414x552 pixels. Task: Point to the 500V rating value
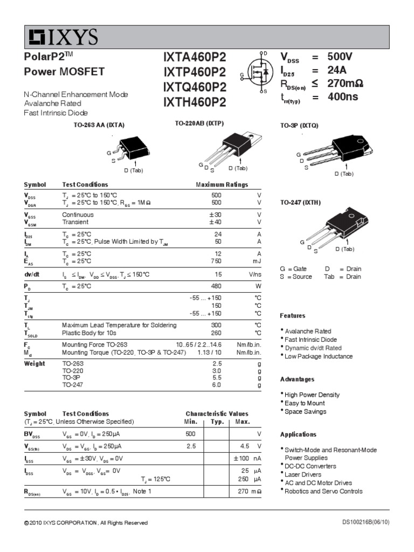(x=340, y=57)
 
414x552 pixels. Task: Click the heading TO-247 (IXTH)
(x=300, y=203)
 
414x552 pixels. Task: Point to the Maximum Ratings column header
(x=222, y=184)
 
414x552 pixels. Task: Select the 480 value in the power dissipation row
(x=216, y=286)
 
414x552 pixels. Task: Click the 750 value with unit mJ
(x=216, y=261)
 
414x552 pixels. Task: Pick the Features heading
(x=293, y=315)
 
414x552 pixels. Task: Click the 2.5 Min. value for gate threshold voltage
(x=191, y=446)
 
